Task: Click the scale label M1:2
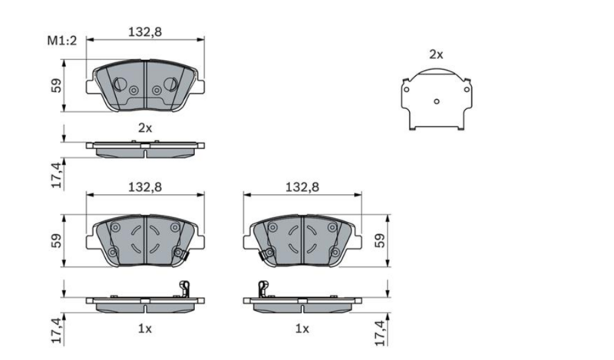[62, 41]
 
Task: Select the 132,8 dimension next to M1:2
[145, 31]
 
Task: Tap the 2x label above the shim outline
[436, 54]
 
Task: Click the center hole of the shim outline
[437, 101]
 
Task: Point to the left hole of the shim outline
[407, 90]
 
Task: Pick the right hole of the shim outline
[467, 90]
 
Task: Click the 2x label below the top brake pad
[145, 127]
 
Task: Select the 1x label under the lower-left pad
[145, 329]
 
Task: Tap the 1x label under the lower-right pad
[302, 329]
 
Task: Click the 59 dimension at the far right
[380, 240]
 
